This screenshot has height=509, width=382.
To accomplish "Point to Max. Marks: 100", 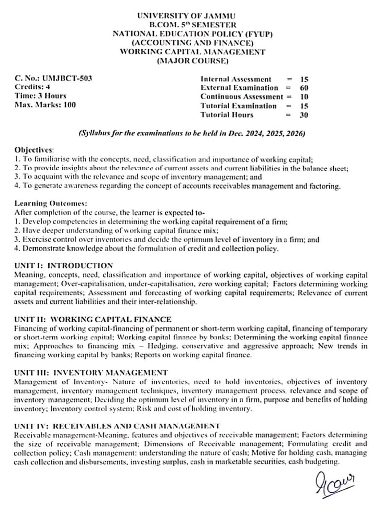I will (x=46, y=105).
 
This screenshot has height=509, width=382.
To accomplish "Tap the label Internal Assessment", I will (x=236, y=79).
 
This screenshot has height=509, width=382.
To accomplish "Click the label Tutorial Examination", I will (x=239, y=106).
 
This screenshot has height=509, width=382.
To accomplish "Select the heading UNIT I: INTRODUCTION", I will (x=64, y=266).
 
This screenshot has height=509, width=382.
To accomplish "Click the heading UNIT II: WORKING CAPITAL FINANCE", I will (x=93, y=319).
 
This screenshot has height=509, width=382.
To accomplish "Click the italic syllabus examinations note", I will (x=192, y=134).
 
